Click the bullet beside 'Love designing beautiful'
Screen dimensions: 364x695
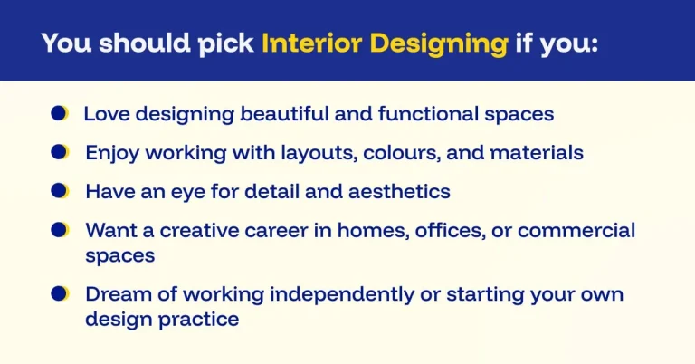point(60,113)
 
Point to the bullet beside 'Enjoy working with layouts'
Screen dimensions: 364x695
point(60,152)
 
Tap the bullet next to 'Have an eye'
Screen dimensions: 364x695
point(60,190)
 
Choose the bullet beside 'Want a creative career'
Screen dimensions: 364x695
point(60,229)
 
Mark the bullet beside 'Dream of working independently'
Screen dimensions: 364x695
point(60,293)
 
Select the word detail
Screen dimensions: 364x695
point(289,192)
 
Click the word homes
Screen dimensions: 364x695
point(377,231)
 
